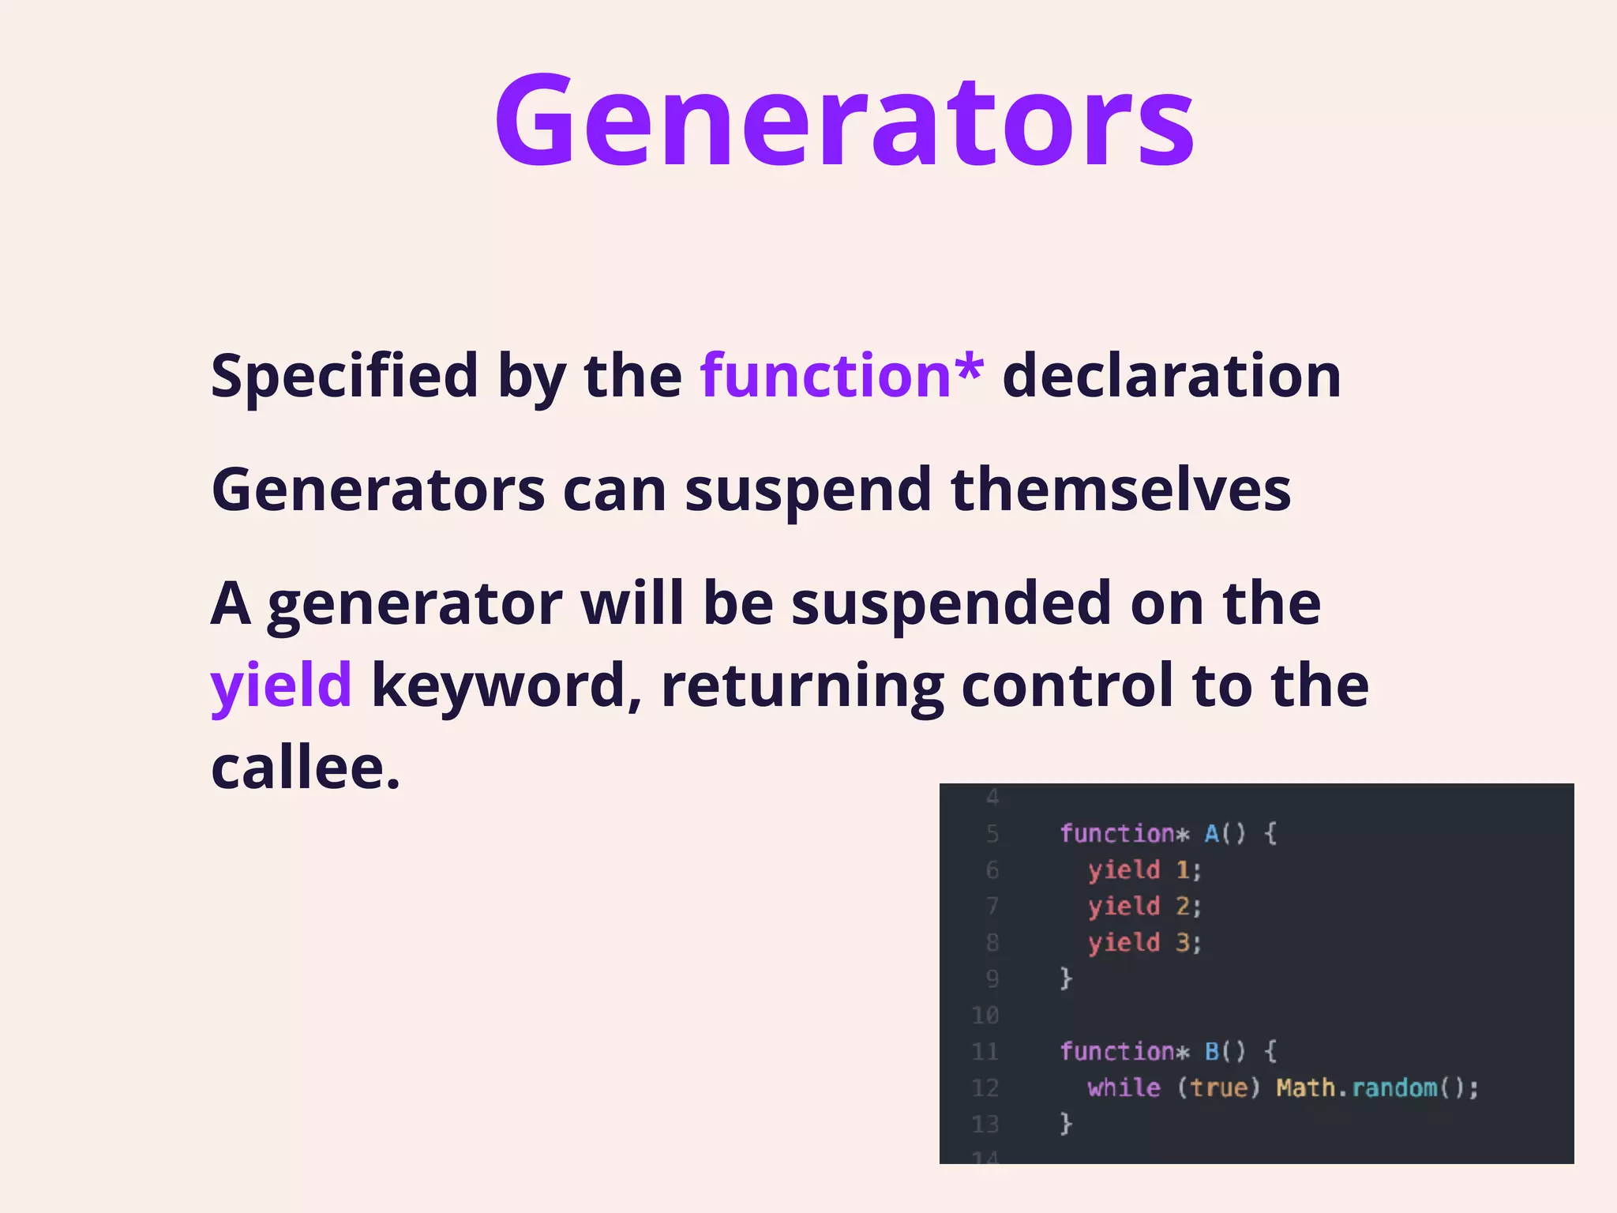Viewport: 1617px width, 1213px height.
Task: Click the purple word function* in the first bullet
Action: (842, 375)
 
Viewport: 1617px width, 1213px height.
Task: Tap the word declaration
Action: (1172, 375)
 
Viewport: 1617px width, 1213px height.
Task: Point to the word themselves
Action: (1120, 490)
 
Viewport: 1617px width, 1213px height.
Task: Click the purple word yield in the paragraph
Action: (281, 685)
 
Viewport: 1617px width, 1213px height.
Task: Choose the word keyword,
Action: (506, 685)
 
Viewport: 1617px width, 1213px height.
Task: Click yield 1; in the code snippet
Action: (1144, 870)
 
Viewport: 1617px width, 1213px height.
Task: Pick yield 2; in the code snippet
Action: (1144, 907)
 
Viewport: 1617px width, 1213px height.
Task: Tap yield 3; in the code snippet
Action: (1144, 943)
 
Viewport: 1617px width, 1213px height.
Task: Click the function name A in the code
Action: (1212, 834)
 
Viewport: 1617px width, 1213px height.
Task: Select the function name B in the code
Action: (1212, 1052)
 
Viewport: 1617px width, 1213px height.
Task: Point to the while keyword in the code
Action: (1124, 1088)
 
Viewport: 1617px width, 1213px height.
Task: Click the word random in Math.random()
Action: (1394, 1088)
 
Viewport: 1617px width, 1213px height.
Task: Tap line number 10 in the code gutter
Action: (985, 1016)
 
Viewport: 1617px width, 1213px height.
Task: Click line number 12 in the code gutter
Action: (985, 1088)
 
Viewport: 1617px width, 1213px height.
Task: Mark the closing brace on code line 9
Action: (1066, 978)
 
